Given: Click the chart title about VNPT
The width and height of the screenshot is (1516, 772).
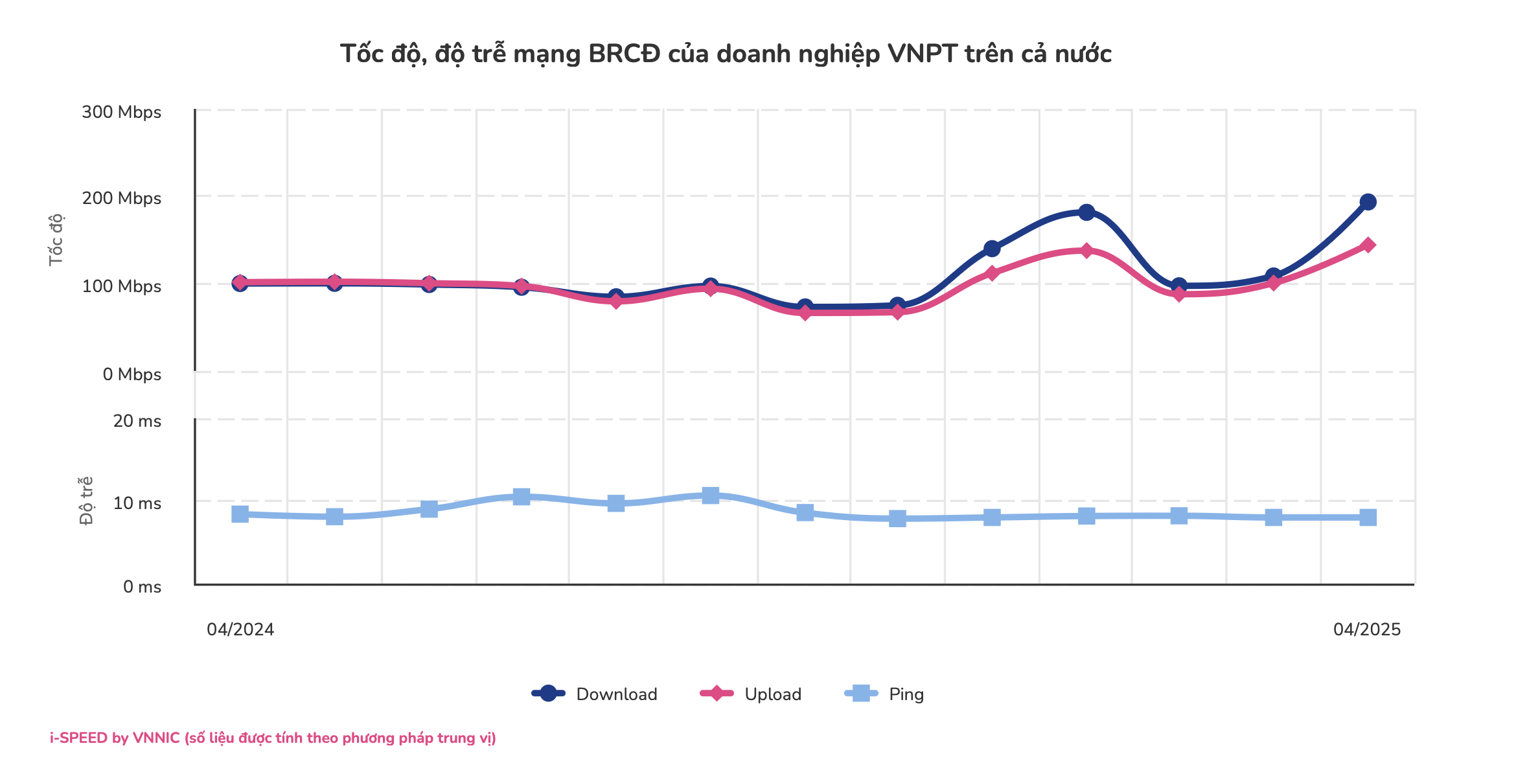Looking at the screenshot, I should [x=726, y=54].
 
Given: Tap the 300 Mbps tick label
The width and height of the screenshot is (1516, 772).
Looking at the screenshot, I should [x=121, y=112].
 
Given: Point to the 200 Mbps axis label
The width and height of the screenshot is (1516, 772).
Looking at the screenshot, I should [x=121, y=198].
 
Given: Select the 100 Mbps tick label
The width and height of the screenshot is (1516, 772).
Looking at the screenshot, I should [x=121, y=286].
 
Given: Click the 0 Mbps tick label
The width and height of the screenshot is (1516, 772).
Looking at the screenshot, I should [x=132, y=374].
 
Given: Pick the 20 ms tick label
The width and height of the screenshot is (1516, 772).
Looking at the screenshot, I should [x=137, y=421].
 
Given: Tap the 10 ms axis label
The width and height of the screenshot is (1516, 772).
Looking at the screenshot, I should [x=137, y=503].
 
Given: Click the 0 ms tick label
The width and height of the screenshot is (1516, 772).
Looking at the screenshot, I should [x=142, y=587].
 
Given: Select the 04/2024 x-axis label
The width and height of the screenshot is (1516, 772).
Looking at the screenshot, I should [x=240, y=630].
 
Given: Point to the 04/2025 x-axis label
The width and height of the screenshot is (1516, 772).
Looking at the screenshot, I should [x=1367, y=630].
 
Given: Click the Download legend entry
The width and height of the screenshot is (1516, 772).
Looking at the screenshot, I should [x=595, y=694].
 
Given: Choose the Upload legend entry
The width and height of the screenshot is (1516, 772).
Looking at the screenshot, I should [x=752, y=694].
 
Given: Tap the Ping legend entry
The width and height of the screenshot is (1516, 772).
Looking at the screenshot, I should [x=885, y=694].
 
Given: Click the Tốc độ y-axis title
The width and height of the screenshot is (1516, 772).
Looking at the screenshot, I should [x=56, y=239].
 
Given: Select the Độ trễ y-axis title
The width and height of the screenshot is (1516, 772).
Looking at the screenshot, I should [x=86, y=501].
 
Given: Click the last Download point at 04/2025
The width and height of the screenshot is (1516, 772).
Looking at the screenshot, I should [x=1368, y=202].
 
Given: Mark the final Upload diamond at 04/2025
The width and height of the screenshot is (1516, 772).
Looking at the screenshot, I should [x=1368, y=245].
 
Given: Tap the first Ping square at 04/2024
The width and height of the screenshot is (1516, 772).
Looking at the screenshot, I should [x=240, y=514].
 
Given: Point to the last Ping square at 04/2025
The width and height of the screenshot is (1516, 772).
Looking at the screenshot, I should [x=1368, y=517].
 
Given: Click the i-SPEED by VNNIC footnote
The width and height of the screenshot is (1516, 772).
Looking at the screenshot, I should [x=273, y=738].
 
